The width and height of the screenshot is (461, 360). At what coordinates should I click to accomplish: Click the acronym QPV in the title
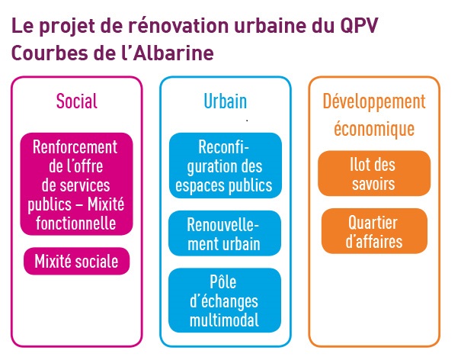pyautogui.click(x=359, y=26)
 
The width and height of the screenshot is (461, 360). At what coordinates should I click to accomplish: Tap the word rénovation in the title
pyautogui.click(x=178, y=25)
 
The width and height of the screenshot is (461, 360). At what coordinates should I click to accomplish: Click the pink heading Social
pyautogui.click(x=77, y=101)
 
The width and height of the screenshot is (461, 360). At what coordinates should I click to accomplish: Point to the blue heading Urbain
pyautogui.click(x=226, y=101)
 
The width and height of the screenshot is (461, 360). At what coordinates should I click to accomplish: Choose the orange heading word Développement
pyautogui.click(x=374, y=101)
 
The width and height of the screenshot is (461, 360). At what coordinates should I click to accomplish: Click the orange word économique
pyautogui.click(x=374, y=129)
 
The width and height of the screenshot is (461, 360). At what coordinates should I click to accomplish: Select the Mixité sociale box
pyautogui.click(x=76, y=261)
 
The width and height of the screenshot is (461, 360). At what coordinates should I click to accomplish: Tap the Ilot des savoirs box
pyautogui.click(x=374, y=173)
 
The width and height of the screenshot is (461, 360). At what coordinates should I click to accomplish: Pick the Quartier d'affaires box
pyautogui.click(x=374, y=231)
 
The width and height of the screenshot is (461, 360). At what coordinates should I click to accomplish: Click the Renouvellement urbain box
pyautogui.click(x=225, y=233)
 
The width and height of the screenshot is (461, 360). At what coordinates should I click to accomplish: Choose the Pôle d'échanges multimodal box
pyautogui.click(x=225, y=301)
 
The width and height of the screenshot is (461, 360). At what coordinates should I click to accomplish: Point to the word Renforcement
pyautogui.click(x=75, y=146)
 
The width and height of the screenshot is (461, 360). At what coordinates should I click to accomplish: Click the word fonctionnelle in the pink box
pyautogui.click(x=76, y=223)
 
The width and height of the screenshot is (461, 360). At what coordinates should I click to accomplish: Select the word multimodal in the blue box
pyautogui.click(x=224, y=320)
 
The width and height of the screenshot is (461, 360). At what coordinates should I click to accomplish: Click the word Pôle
pyautogui.click(x=222, y=281)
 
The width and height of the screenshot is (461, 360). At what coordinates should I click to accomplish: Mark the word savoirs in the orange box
pyautogui.click(x=373, y=184)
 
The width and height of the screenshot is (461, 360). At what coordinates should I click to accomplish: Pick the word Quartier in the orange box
pyautogui.click(x=373, y=223)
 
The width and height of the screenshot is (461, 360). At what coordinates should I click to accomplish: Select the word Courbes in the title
pyautogui.click(x=50, y=53)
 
